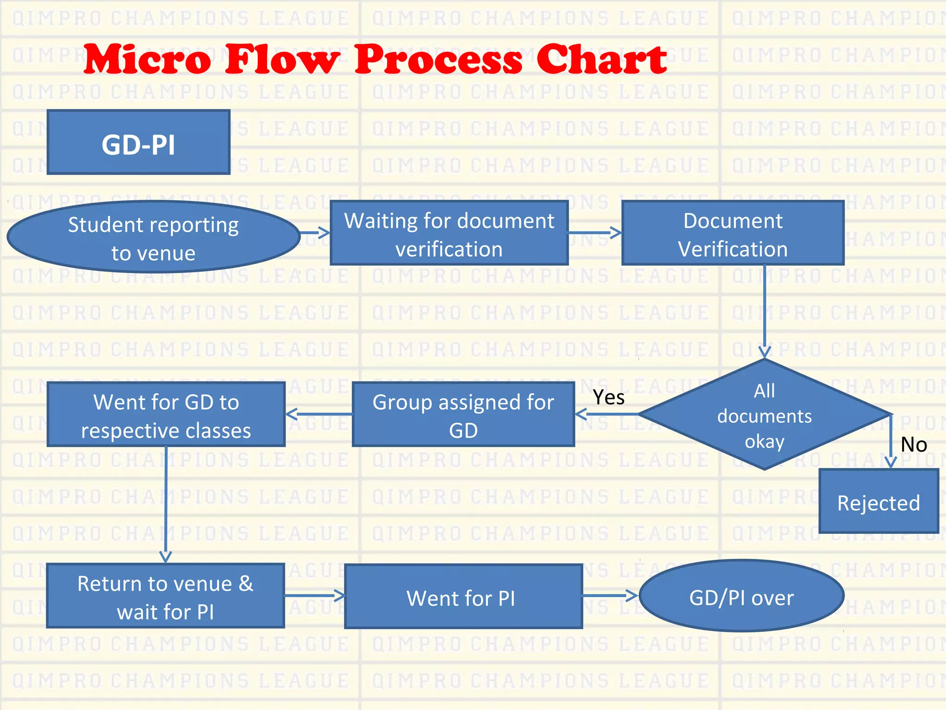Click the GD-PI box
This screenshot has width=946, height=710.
point(139,142)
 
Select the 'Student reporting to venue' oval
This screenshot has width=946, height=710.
point(153,237)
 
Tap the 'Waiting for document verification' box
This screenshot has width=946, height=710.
point(449,233)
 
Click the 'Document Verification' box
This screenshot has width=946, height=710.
point(733,233)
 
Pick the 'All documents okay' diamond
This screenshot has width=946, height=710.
point(764,415)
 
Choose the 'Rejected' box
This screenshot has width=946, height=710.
point(879,501)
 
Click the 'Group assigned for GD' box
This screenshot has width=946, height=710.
point(463,414)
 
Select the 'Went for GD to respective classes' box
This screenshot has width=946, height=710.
point(166,414)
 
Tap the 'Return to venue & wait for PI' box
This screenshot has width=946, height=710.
point(165,596)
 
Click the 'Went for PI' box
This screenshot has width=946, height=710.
point(463,596)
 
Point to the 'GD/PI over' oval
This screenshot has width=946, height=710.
point(741,596)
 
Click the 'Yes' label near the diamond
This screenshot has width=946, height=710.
point(609,397)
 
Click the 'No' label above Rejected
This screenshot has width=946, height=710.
point(914,444)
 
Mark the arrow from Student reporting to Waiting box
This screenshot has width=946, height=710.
point(315,233)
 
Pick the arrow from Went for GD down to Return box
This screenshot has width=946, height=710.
point(166,504)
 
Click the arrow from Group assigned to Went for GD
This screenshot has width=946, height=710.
point(319,414)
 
